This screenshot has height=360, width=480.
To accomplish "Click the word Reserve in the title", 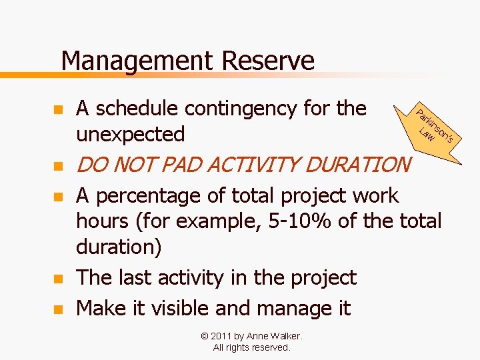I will click(x=267, y=61).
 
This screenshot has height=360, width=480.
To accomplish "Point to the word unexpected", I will click(x=131, y=134).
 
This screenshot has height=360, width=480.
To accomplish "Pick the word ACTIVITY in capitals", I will click(x=255, y=164).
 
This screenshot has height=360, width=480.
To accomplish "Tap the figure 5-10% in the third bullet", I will click(x=299, y=220).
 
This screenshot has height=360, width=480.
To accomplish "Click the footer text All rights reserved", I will click(x=251, y=347).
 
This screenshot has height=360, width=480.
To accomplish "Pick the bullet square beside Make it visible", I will click(x=58, y=309).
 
